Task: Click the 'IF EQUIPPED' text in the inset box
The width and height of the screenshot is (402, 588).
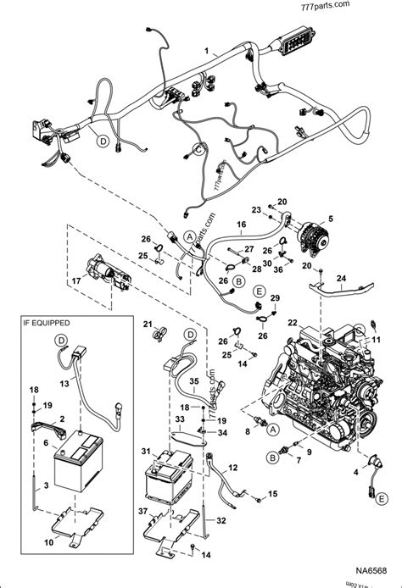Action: [x=47, y=324]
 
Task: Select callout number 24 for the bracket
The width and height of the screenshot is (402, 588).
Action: [x=343, y=276]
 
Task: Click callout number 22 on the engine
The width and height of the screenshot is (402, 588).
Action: [x=292, y=323]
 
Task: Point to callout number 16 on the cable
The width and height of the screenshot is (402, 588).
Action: [x=242, y=225]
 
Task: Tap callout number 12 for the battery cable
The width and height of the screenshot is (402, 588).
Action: [x=234, y=468]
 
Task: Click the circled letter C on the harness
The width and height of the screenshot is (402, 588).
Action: [x=200, y=150]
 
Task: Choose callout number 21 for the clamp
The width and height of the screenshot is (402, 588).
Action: [x=146, y=324]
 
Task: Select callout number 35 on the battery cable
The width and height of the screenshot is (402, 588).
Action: [x=193, y=381]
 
